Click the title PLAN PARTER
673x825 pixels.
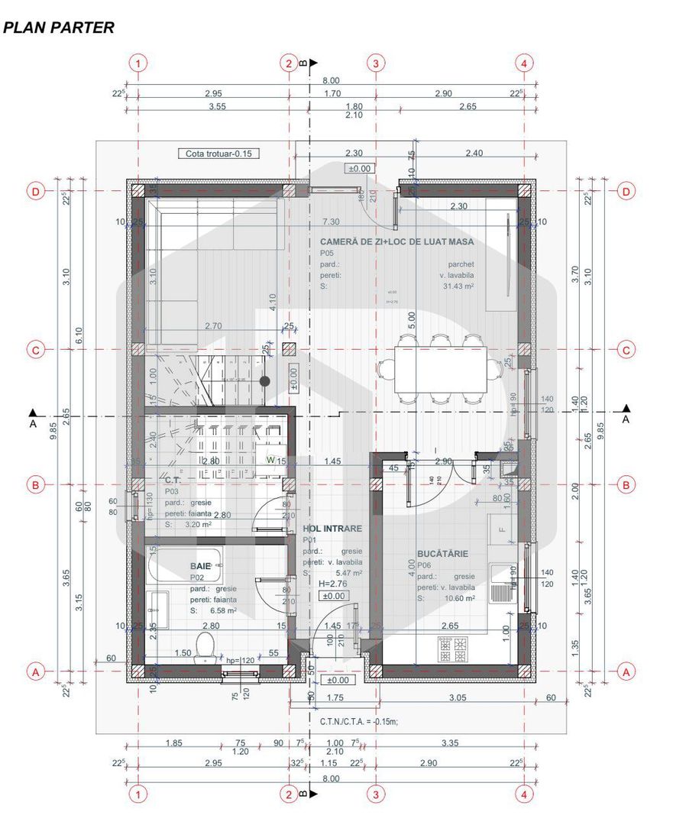coord(59,28)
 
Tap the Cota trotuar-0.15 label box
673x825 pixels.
coord(218,154)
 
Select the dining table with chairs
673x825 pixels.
coord(441,369)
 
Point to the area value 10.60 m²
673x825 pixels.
coord(458,599)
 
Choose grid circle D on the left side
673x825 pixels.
coord(35,191)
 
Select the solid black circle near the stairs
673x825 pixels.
coord(265,380)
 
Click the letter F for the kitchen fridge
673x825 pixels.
coord(502,529)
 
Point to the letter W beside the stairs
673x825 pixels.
coord(270,460)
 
